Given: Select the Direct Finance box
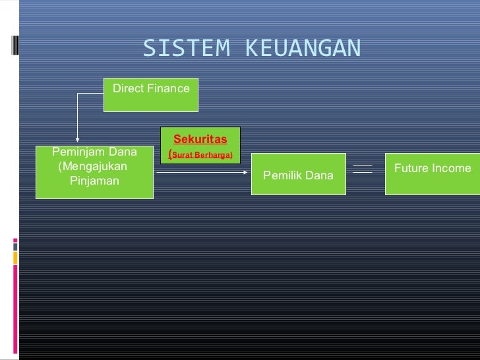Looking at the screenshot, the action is [x=151, y=94].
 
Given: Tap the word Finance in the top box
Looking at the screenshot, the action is [x=168, y=88].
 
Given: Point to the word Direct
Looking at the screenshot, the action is [x=129, y=88].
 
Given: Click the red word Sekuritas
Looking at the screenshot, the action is [x=200, y=139].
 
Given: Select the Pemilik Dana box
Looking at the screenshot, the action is [x=298, y=174].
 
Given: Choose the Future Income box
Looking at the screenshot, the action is [x=433, y=174].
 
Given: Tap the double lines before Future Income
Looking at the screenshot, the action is [x=363, y=169].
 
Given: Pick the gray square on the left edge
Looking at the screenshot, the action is [x=15, y=244].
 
